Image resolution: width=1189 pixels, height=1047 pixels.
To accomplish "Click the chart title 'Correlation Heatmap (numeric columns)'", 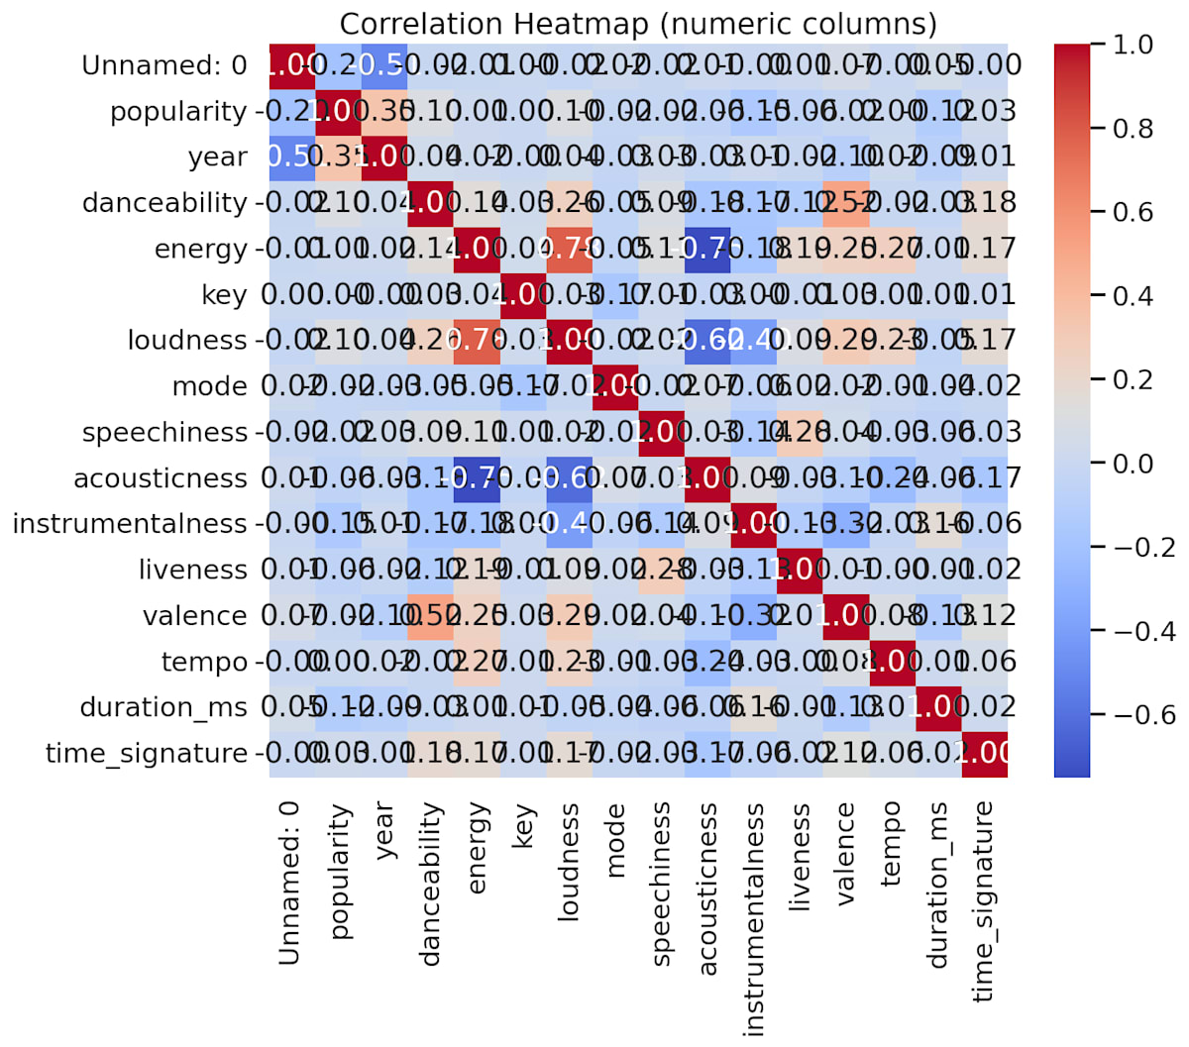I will (x=638, y=23).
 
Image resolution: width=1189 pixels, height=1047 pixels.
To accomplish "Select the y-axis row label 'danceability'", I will (x=164, y=203).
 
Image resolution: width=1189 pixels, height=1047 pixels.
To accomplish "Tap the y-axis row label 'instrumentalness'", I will (x=130, y=524).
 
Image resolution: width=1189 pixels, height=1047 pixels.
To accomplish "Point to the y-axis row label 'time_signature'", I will (x=147, y=754).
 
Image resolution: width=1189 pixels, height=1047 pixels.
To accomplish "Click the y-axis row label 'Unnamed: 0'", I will (x=164, y=65).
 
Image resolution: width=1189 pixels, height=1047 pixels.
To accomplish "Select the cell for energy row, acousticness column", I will (x=707, y=249).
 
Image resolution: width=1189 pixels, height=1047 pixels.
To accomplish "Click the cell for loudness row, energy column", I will (x=477, y=341).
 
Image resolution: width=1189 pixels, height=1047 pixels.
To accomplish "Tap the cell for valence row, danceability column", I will (x=430, y=616).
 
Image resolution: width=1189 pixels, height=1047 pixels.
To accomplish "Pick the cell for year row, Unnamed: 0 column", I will (x=291, y=157).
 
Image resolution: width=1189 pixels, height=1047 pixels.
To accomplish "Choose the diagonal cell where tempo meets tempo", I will (x=893, y=662).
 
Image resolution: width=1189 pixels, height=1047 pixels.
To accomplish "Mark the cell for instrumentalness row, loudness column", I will (x=569, y=524).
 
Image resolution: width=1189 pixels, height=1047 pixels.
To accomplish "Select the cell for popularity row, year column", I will (x=383, y=111).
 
